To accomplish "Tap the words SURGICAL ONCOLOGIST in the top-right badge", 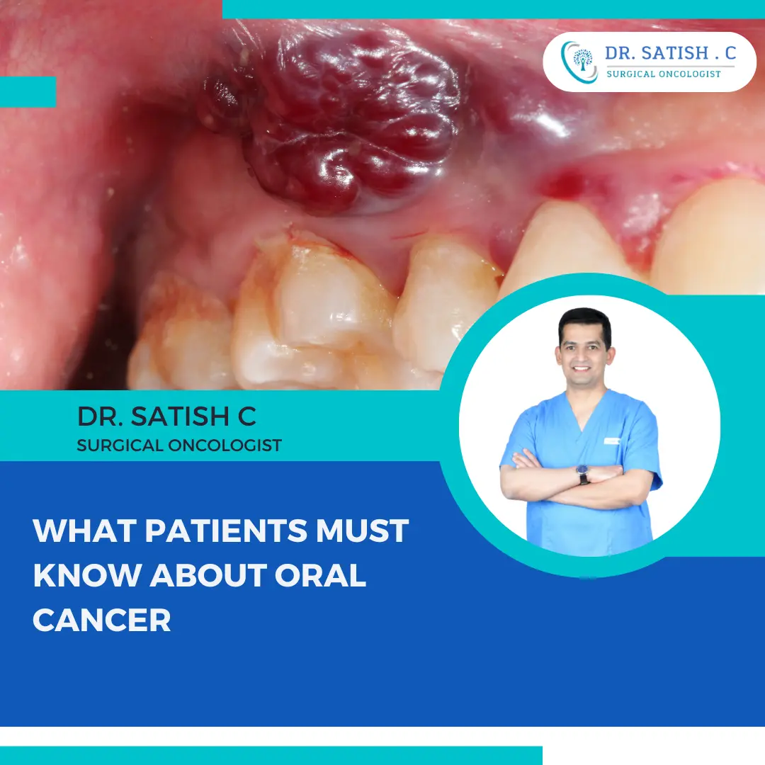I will tap(664, 74).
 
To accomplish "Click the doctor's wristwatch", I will tap(583, 474).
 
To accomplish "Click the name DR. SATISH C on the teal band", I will tap(166, 416).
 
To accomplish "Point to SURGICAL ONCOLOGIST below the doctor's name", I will tap(179, 446).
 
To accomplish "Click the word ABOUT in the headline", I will tap(205, 575).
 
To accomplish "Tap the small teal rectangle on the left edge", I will tap(28, 91).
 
